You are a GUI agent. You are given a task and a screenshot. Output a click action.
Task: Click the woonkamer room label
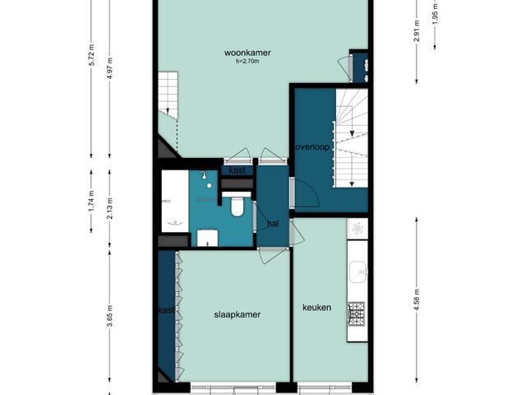tap(247, 53)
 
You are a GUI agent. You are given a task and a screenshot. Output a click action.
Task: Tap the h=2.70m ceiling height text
tap(247, 62)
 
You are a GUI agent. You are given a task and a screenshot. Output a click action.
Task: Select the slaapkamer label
tap(238, 314)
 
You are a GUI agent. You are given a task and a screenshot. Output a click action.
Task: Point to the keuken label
tap(316, 307)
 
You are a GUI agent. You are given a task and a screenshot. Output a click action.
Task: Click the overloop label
tap(312, 147)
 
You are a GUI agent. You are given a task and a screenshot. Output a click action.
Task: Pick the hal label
tap(274, 224)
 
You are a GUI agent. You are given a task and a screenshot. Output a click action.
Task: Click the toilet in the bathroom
tap(237, 205)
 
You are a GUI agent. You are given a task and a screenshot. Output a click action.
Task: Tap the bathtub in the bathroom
tap(175, 201)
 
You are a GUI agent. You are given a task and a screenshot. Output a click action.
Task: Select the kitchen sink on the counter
tap(358, 272)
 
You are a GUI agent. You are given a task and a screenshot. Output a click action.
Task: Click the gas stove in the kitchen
tap(356, 314)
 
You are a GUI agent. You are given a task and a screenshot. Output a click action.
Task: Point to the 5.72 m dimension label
tap(92, 55)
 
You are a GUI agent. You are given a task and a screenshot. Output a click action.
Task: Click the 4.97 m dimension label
tap(110, 68)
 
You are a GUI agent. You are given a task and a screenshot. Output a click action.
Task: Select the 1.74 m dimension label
tap(91, 201)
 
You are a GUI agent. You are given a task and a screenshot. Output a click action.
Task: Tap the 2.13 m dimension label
tap(110, 209)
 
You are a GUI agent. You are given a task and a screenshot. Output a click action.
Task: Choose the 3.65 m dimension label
tap(110, 316)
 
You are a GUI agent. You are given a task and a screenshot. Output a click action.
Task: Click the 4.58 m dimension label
tap(417, 300)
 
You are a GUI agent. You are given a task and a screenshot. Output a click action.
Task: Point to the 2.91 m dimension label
tap(417, 31)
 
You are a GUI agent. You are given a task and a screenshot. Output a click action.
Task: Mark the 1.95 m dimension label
tap(436, 14)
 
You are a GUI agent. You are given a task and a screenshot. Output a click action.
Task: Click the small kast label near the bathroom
tap(238, 170)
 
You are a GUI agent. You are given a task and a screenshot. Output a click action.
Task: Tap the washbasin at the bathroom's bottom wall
tap(207, 238)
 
